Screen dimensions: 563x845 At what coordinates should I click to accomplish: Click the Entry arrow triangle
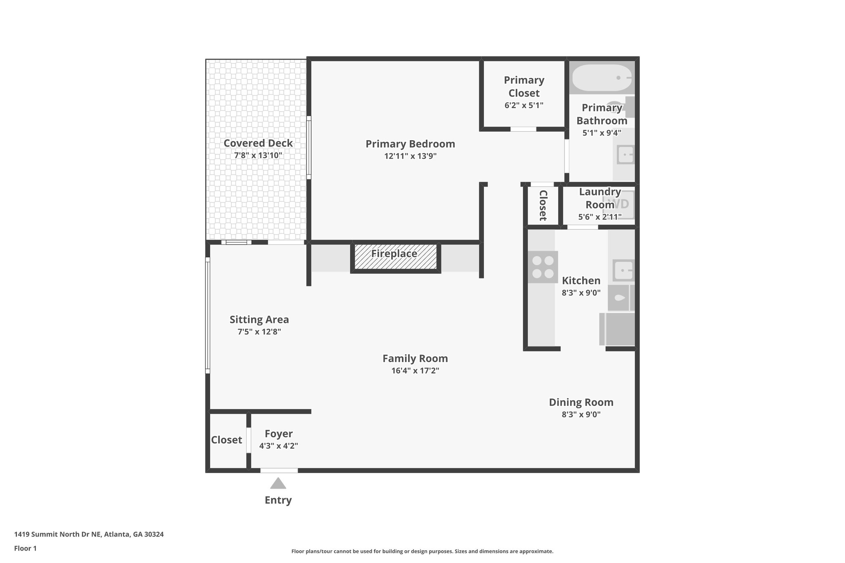click(x=278, y=483)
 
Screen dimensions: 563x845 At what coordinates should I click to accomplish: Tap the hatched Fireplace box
click(x=395, y=257)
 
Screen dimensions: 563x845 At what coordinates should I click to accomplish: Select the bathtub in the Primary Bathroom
click(x=602, y=78)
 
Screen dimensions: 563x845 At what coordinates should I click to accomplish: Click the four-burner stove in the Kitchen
click(x=543, y=267)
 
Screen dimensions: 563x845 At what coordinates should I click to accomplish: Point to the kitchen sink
click(x=623, y=271)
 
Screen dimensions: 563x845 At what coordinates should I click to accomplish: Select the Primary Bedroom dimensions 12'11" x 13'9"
click(x=410, y=156)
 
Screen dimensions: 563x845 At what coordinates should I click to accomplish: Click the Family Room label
click(x=415, y=358)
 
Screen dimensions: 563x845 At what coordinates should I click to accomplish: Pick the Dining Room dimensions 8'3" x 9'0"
click(x=581, y=414)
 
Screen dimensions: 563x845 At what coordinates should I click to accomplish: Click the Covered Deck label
click(x=258, y=143)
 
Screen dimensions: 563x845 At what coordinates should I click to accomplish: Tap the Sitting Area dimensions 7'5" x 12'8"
click(x=259, y=332)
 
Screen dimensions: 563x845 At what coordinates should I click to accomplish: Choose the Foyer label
click(x=279, y=433)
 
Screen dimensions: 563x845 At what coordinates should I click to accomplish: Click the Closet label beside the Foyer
click(x=227, y=440)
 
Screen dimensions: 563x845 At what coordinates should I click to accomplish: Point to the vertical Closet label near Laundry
click(x=543, y=205)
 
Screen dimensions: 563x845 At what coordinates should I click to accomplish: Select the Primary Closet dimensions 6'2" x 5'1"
click(x=524, y=105)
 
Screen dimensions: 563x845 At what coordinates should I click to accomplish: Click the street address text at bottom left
click(x=89, y=534)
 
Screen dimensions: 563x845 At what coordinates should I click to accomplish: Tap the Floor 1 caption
click(x=25, y=548)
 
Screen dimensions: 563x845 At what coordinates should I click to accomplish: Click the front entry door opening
click(x=279, y=470)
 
